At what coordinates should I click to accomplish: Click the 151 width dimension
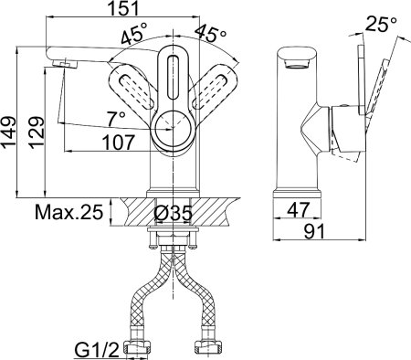coord(123,8)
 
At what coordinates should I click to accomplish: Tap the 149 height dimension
coord(8,132)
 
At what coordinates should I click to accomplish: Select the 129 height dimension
coord(37,132)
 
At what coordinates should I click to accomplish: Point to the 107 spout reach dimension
coord(118,143)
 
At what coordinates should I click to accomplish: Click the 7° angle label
coord(116,118)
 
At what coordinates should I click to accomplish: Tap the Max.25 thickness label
coord(68,212)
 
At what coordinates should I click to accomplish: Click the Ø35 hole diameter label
coord(174,212)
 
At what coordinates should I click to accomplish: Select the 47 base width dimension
coord(299,209)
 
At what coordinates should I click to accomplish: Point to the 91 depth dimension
coord(314,231)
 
